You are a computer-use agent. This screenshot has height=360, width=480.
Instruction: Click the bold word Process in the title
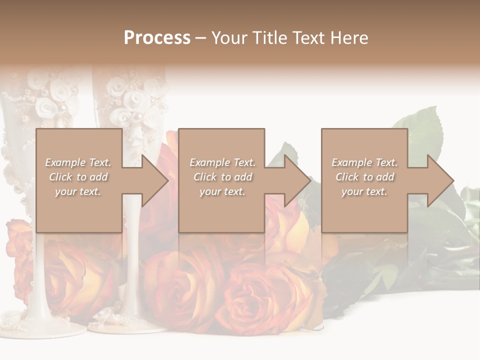point(157,37)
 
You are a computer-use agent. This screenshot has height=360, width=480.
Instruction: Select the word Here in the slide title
point(349,37)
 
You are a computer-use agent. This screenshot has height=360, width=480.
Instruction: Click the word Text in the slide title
point(310,37)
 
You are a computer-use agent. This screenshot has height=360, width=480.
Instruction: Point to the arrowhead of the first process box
point(153,180)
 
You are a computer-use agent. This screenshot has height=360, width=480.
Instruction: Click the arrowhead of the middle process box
point(296,180)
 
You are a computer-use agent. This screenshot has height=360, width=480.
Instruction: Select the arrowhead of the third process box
point(439,180)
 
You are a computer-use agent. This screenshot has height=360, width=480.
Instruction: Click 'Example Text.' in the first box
point(78,162)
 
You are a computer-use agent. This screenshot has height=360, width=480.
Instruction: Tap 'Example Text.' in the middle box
point(222,162)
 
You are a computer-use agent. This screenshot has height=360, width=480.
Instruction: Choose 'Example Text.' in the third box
point(364,162)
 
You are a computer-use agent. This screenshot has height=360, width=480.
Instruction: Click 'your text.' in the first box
point(78,191)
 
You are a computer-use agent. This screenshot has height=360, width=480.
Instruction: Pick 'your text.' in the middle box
point(222,191)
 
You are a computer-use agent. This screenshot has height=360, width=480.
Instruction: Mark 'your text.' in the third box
point(364,191)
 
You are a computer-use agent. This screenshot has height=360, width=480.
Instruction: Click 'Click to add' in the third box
point(364,177)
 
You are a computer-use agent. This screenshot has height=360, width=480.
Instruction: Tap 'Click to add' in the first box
point(78,177)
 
